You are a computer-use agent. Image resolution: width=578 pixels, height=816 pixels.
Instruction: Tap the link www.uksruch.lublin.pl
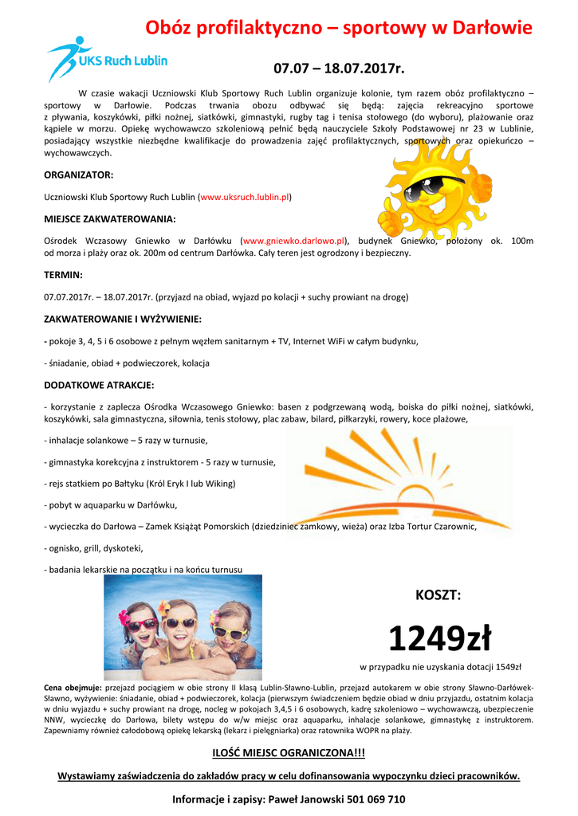(x=245, y=196)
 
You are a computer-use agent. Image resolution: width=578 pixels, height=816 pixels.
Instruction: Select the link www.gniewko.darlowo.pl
(x=294, y=240)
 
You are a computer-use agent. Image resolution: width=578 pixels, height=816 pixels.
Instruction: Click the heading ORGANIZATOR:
(x=78, y=174)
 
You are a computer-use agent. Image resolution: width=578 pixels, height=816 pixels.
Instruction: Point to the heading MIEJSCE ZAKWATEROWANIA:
(x=110, y=218)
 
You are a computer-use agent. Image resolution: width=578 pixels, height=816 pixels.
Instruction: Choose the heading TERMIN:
(x=63, y=275)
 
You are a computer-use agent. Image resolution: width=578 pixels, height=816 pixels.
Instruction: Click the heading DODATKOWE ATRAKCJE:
(x=99, y=385)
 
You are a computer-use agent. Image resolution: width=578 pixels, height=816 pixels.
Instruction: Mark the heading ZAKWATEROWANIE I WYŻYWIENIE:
(x=122, y=319)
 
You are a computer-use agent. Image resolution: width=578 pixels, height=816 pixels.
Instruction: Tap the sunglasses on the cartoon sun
(x=436, y=189)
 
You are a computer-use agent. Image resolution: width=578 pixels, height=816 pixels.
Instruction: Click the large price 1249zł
(x=439, y=637)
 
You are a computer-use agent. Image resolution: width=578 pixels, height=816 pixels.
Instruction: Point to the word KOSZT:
(x=438, y=594)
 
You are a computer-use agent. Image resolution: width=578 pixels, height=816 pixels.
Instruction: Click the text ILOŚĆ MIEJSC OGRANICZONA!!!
(x=288, y=753)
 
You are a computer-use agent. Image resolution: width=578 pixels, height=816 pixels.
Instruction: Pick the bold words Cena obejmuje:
(x=73, y=687)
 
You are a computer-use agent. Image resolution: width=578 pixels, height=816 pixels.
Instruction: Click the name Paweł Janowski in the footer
(x=292, y=798)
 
